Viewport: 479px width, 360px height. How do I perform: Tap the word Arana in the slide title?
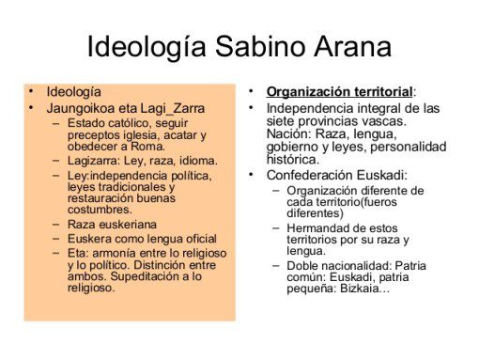353,46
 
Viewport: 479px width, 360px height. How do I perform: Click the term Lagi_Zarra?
172,109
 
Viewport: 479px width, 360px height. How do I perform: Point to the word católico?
125,123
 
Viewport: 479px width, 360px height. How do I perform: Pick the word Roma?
147,147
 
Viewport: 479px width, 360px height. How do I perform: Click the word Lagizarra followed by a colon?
94,161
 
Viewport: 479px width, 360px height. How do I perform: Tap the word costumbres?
100,210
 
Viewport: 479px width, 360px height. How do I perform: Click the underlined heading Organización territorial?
339,92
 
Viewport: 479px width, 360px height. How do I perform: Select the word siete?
281,121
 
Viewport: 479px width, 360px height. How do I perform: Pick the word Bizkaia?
360,288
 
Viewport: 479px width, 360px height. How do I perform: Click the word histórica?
293,160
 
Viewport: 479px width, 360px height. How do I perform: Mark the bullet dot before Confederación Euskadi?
251,174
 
